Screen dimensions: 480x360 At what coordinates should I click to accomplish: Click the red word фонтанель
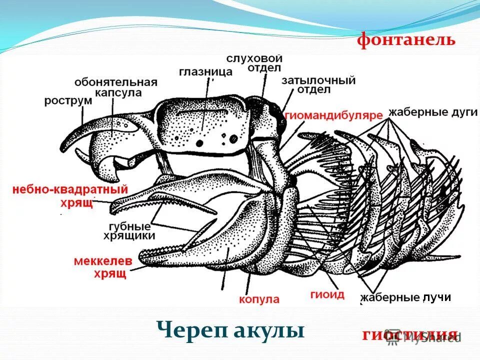click(x=406, y=40)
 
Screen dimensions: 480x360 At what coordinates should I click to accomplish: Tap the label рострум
click(x=68, y=100)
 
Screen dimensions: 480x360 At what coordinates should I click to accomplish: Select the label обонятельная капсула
click(x=116, y=87)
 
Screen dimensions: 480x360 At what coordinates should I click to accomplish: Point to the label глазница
click(x=205, y=71)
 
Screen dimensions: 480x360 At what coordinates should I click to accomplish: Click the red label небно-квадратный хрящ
click(x=70, y=195)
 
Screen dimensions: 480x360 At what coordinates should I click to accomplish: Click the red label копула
click(x=258, y=299)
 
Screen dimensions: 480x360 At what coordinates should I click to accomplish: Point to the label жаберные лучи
click(x=405, y=298)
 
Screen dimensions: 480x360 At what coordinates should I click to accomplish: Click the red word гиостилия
click(x=409, y=334)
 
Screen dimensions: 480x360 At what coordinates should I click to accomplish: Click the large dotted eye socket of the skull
click(x=205, y=127)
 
